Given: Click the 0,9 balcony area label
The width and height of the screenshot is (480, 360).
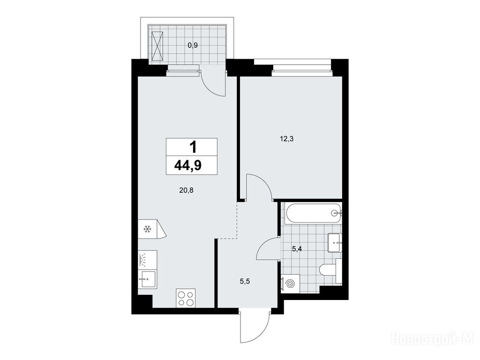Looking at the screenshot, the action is click(193, 45).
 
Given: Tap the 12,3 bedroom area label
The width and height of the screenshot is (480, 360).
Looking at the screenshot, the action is click(286, 139).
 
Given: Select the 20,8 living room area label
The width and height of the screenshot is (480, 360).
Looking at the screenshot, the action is click(187, 190).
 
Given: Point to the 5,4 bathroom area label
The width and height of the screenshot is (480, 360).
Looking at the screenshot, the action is click(297, 249).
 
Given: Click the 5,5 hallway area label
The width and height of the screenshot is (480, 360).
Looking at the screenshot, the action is click(245, 281).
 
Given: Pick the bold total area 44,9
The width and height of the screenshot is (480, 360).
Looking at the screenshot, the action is click(187, 165).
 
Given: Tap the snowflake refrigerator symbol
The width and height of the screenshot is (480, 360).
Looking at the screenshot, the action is click(148, 229).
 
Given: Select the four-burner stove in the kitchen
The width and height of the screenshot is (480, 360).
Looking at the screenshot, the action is click(186, 298).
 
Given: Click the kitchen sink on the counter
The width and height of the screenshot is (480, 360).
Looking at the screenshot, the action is click(147, 279).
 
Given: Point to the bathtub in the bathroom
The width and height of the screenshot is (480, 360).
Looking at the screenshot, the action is click(313, 213).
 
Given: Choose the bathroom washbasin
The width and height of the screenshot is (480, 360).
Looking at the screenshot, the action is click(335, 242).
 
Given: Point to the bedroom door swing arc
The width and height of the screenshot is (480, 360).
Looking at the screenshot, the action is click(265, 180).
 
